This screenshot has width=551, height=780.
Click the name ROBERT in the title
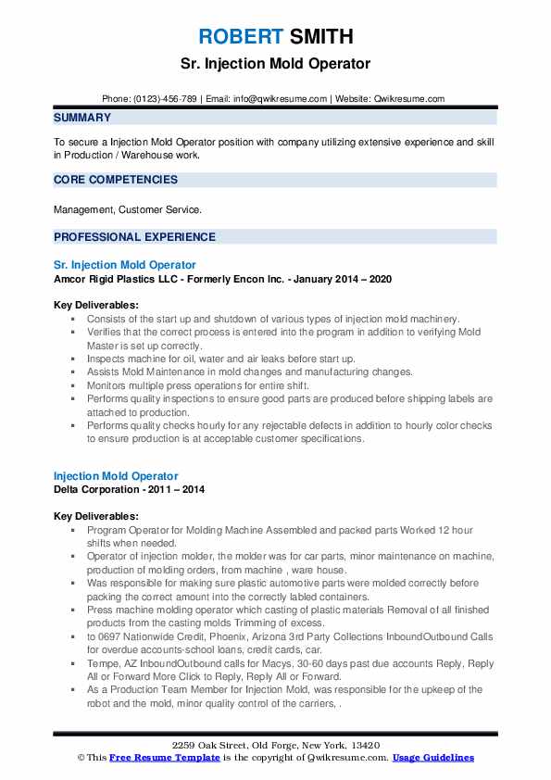tap(237, 37)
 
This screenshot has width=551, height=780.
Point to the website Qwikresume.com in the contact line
tap(408, 98)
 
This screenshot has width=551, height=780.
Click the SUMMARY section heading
tap(82, 118)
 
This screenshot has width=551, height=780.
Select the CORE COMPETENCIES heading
tap(116, 180)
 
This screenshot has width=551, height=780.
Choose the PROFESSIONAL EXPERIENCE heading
tap(134, 237)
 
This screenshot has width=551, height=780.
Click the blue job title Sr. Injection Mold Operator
tap(125, 265)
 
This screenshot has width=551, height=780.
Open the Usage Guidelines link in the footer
tap(433, 757)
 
